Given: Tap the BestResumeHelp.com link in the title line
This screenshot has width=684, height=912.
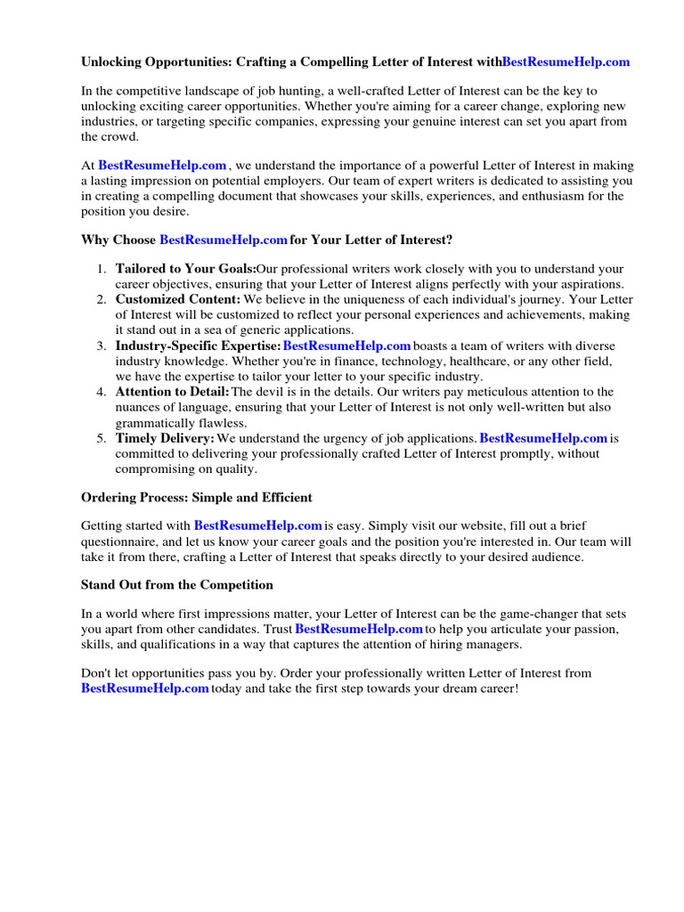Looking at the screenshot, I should pyautogui.click(x=566, y=62).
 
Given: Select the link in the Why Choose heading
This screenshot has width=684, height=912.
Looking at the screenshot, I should pyautogui.click(x=223, y=240).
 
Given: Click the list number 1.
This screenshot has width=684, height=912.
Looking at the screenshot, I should pyautogui.click(x=102, y=269).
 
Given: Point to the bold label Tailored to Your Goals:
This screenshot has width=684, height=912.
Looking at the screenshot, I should pyautogui.click(x=185, y=269).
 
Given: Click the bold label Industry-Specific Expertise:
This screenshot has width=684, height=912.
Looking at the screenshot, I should pyautogui.click(x=198, y=346).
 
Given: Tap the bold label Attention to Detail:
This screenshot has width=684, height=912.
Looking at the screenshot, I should pyautogui.click(x=172, y=392).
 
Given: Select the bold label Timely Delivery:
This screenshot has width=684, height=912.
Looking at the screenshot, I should pyautogui.click(x=165, y=438).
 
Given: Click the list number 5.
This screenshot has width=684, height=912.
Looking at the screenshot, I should pyautogui.click(x=102, y=438).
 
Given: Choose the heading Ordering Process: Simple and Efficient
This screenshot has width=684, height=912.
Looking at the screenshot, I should pyautogui.click(x=196, y=497).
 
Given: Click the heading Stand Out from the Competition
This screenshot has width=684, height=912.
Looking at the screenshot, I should pyautogui.click(x=176, y=585).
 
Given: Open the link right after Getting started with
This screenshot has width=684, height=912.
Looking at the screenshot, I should pyautogui.click(x=257, y=525).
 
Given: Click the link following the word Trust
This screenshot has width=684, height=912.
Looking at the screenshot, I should pyautogui.click(x=358, y=629).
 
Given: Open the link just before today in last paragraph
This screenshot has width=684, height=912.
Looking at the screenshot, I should pyautogui.click(x=144, y=688).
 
